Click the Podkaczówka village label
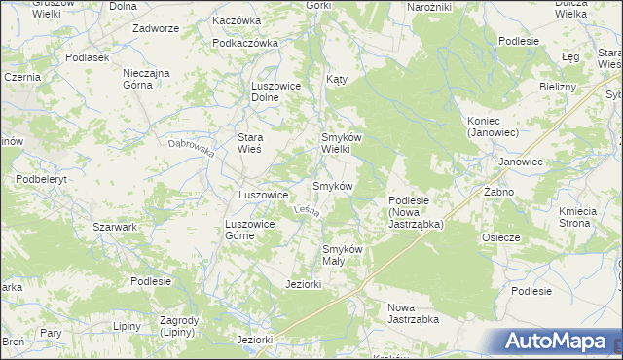coord(245,43)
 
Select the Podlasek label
coord(87,57)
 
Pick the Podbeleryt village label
coord(41,180)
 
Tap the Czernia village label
coord(21,76)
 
